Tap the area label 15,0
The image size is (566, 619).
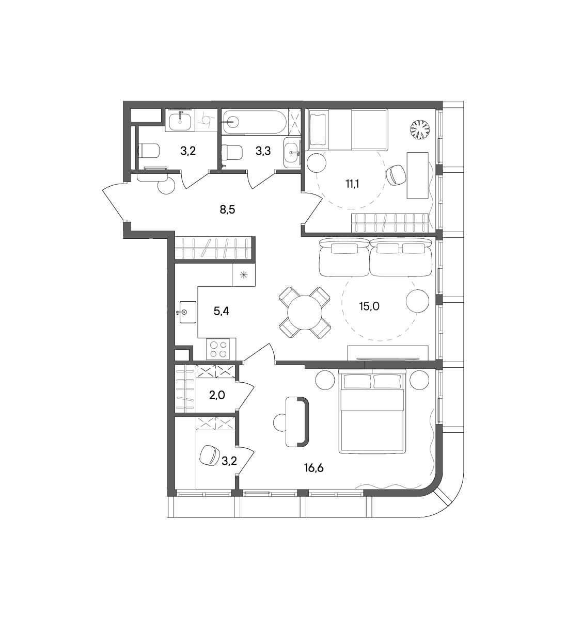pos(369,306)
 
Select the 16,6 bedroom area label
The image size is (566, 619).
pos(313,468)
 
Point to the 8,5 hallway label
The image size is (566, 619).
pos(227,210)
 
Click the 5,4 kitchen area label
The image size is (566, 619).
pos(221,312)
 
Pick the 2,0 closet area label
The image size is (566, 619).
pos(217,395)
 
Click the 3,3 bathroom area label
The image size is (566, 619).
pos(263,151)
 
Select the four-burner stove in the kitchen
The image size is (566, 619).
pos(218,348)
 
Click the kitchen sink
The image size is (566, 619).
pos(187,312)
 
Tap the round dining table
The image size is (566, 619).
pos(305,313)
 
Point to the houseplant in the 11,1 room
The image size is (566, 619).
pos(420,130)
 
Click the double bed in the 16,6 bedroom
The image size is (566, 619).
pos(372,411)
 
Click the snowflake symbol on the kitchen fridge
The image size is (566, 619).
pos(244,274)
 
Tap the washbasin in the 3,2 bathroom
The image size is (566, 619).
pos(180,121)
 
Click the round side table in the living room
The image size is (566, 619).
pos(417,301)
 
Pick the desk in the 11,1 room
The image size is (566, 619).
pos(418,175)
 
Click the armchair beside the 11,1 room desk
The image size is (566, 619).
pos(396,175)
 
